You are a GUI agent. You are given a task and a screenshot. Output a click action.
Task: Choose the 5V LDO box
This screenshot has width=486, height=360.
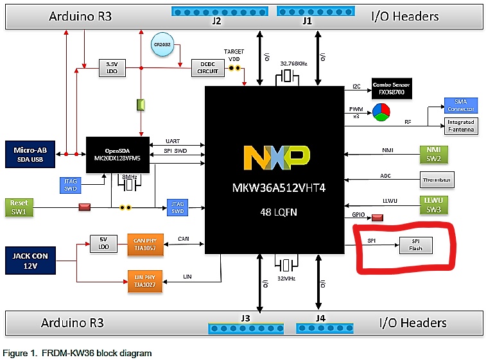[102, 244]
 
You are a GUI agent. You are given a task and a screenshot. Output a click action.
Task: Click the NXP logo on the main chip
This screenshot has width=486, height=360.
[276, 158]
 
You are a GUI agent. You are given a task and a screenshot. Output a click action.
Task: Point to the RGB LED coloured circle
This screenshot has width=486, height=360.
[381, 113]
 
